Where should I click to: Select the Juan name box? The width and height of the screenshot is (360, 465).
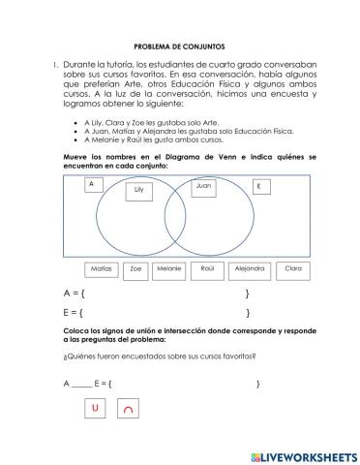202,185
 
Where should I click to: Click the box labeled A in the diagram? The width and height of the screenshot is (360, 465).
91,184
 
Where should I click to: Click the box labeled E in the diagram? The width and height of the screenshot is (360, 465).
258,186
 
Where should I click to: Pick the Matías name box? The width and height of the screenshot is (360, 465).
101,269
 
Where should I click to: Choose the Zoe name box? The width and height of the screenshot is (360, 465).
135,270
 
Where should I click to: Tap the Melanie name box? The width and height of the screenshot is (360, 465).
169,270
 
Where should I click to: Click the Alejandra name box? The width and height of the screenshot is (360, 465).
250,269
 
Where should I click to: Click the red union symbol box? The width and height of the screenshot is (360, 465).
95,410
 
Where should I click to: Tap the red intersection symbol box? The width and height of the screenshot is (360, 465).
128,411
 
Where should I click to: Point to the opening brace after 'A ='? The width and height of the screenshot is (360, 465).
83,293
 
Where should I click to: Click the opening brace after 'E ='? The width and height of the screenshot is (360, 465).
82,313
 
